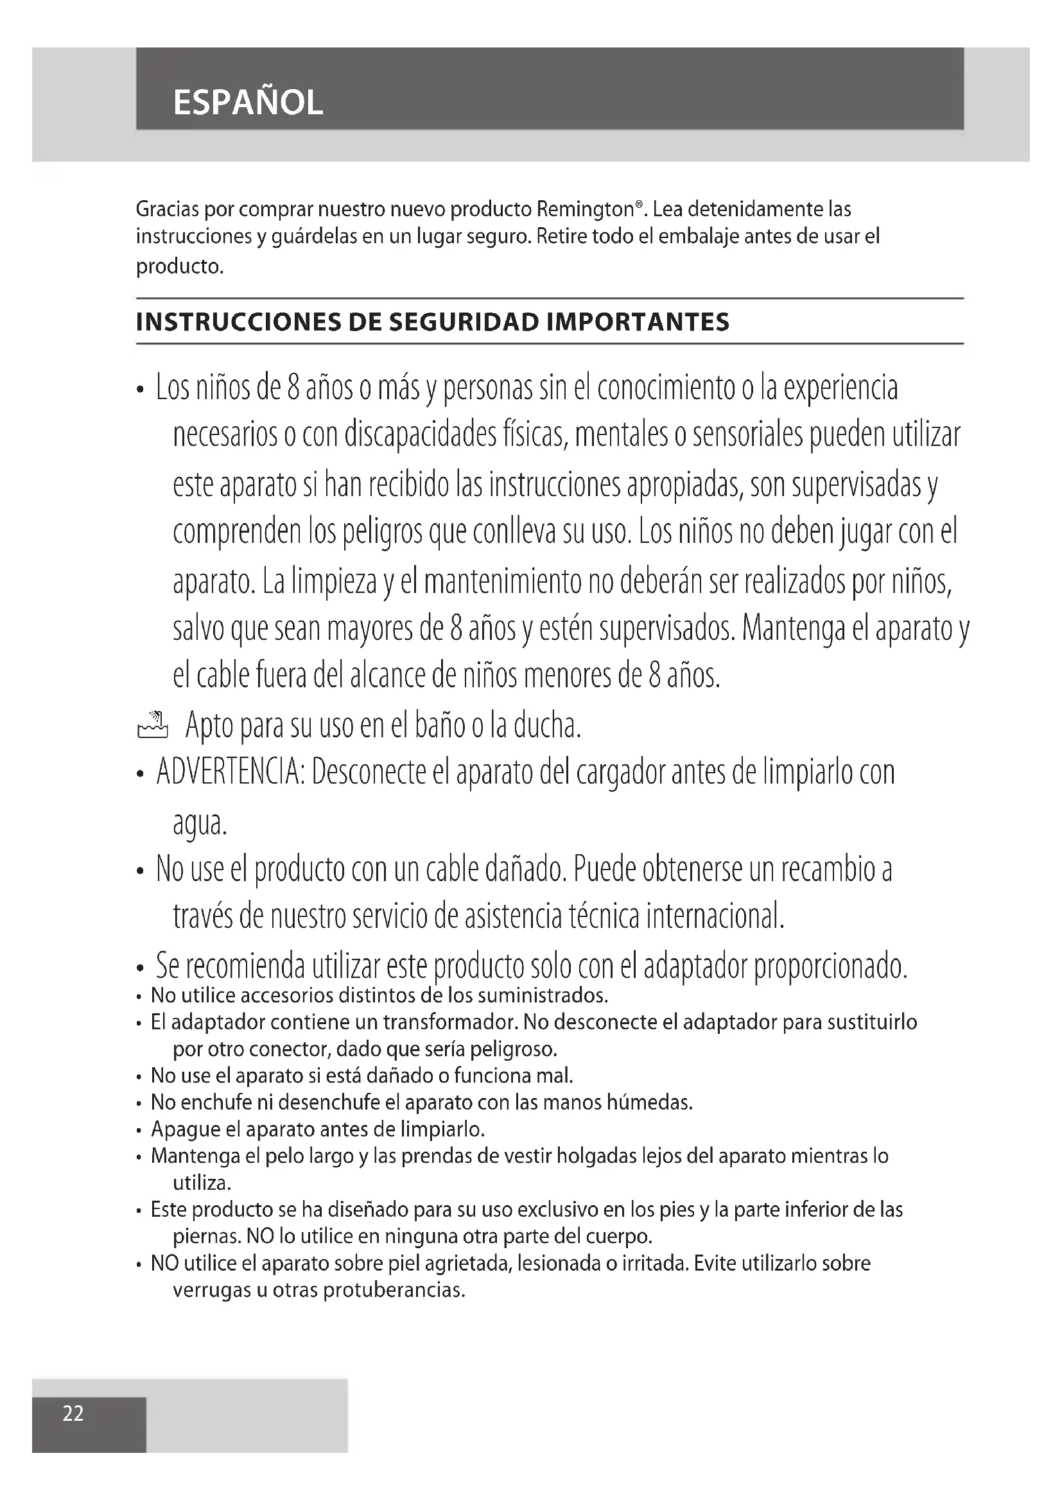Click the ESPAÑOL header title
248,103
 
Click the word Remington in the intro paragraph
586,209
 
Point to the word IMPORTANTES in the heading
638,322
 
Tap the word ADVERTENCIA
229,773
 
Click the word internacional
715,916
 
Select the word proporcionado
830,966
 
